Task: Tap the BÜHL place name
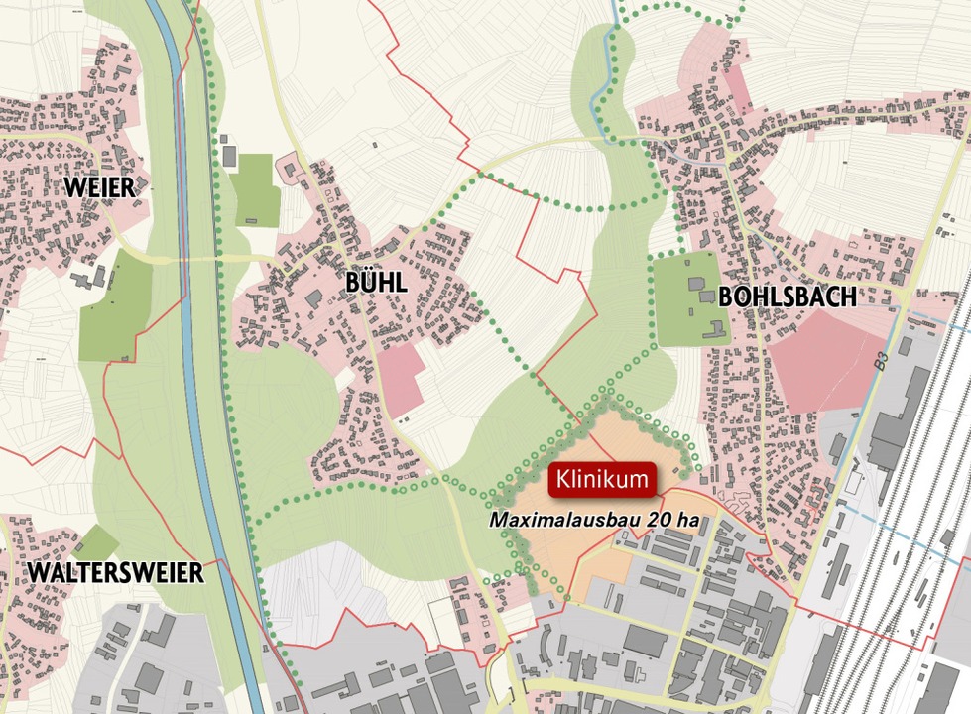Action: pos(376,282)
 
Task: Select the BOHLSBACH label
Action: pos(787,297)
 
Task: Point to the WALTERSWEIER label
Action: pos(115,572)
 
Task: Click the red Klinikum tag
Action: pos(603,480)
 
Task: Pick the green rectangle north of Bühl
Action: pos(257,188)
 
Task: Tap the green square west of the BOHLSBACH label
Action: pos(686,297)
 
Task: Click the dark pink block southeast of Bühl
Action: pos(403,381)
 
